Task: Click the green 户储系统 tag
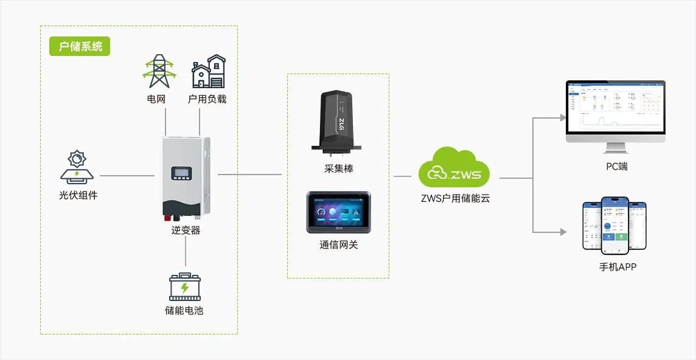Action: click(80, 47)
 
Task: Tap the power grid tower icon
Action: click(159, 72)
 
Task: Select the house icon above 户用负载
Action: click(208, 72)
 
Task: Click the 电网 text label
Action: click(156, 99)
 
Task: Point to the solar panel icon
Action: click(78, 168)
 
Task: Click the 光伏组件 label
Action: click(78, 195)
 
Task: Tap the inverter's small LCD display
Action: click(182, 173)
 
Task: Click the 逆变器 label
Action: click(186, 230)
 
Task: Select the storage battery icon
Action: click(185, 287)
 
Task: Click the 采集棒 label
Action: click(338, 168)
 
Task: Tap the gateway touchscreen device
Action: click(338, 212)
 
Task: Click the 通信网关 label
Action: click(338, 245)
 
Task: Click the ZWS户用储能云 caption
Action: click(454, 198)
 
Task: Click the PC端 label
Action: click(616, 166)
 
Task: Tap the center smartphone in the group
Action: click(614, 224)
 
